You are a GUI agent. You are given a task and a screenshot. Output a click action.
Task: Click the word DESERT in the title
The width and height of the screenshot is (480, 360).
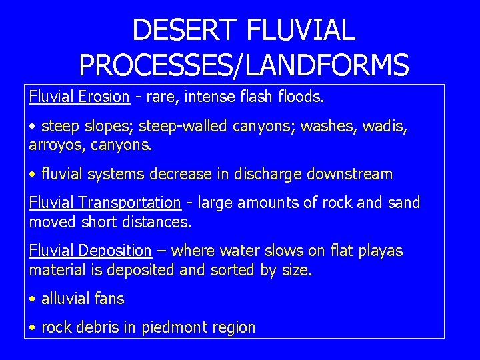(185, 31)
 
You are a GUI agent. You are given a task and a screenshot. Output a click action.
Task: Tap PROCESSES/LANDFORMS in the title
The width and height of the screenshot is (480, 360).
(244, 65)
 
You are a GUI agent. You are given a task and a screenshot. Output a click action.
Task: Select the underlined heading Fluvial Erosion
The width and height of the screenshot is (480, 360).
(79, 97)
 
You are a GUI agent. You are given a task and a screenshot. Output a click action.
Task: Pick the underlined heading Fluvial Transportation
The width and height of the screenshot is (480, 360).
(105, 203)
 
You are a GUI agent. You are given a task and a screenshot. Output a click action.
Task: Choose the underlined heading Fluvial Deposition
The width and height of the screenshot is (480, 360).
(91, 251)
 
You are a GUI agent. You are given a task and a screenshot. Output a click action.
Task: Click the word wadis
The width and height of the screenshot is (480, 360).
(385, 126)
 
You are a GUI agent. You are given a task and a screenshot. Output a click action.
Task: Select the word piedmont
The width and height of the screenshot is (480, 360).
(174, 328)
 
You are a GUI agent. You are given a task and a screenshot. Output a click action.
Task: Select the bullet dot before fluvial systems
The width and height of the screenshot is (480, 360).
(33, 175)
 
